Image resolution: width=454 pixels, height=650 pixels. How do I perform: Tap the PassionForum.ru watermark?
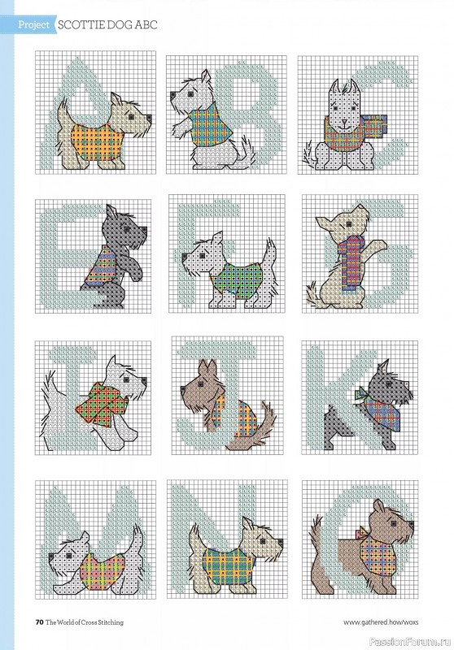click(406, 639)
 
